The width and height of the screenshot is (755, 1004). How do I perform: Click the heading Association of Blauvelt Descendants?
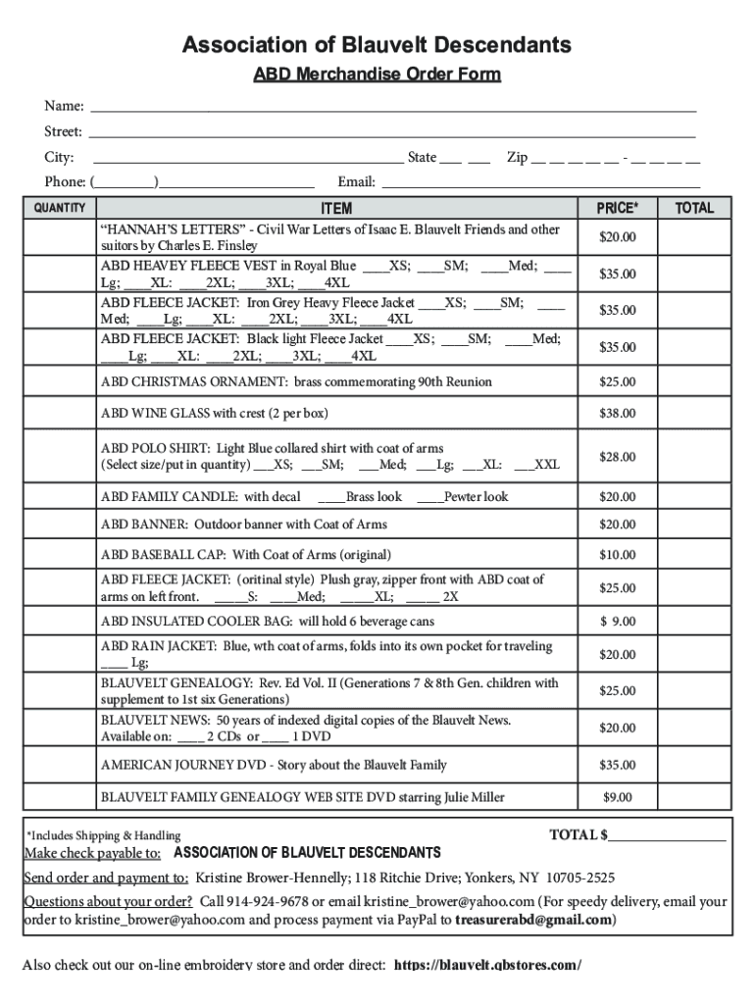(x=377, y=45)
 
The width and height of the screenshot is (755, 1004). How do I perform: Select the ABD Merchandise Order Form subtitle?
(x=377, y=75)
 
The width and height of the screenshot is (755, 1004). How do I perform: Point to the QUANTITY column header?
(x=60, y=208)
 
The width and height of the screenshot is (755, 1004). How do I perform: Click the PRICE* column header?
(x=618, y=208)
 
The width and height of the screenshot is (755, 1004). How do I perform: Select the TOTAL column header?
(x=694, y=208)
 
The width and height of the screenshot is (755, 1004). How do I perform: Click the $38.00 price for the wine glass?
(x=618, y=414)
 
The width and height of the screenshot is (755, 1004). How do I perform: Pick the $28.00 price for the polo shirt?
(x=618, y=457)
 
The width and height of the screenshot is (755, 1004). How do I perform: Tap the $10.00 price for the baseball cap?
(x=618, y=555)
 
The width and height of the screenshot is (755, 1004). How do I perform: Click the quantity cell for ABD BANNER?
(x=60, y=525)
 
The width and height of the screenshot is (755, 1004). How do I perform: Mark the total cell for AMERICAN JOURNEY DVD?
(x=694, y=765)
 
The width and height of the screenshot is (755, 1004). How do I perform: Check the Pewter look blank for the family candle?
(x=429, y=498)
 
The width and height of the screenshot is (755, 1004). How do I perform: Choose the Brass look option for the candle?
(x=330, y=498)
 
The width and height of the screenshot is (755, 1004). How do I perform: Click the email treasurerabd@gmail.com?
(x=535, y=921)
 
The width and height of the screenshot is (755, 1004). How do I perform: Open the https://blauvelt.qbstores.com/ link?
(x=487, y=966)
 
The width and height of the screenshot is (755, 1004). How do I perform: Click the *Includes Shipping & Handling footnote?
(x=103, y=836)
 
